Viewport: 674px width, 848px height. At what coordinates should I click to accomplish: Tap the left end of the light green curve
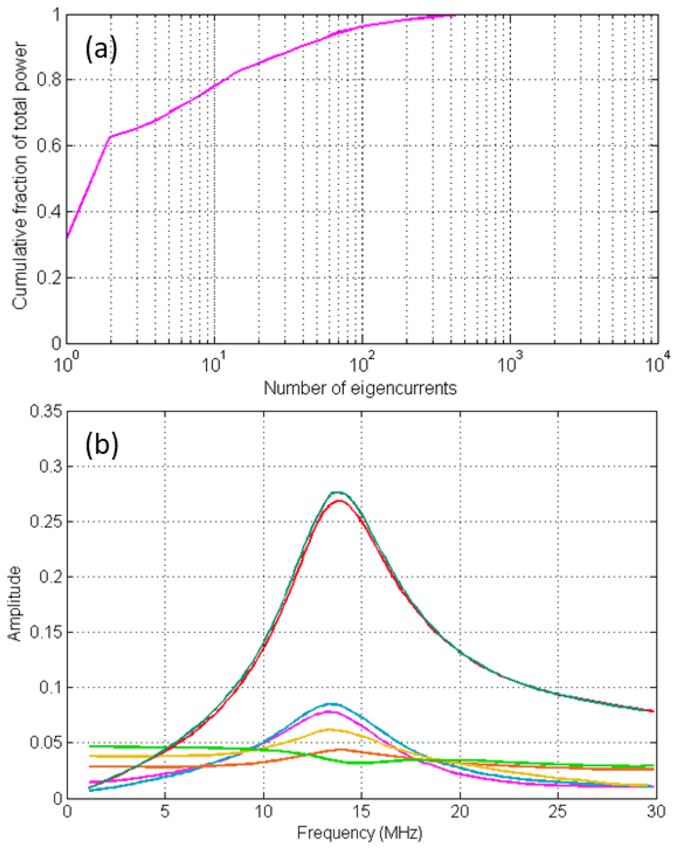(x=91, y=746)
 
